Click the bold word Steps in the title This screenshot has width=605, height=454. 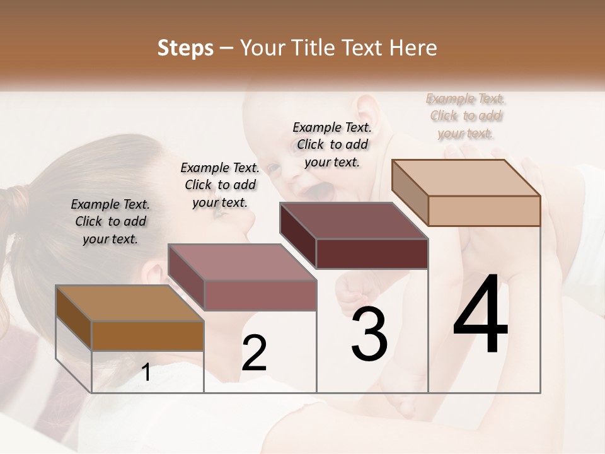pyautogui.click(x=185, y=48)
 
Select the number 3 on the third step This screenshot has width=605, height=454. pyautogui.click(x=369, y=334)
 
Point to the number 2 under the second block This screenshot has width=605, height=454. pyautogui.click(x=255, y=353)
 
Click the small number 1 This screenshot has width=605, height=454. pyautogui.click(x=146, y=372)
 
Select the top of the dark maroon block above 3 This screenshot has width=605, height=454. pyautogui.click(x=354, y=221)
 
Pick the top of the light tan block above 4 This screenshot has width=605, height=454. pyautogui.click(x=466, y=178)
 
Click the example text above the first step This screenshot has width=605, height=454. pyautogui.click(x=110, y=221)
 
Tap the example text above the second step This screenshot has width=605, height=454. pyautogui.click(x=220, y=185)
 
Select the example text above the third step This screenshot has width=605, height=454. pyautogui.click(x=332, y=144)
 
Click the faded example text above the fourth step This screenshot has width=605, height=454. pyautogui.click(x=466, y=116)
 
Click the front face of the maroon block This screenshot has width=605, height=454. pyautogui.click(x=372, y=253)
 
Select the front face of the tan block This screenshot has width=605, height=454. pyautogui.click(x=484, y=211)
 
